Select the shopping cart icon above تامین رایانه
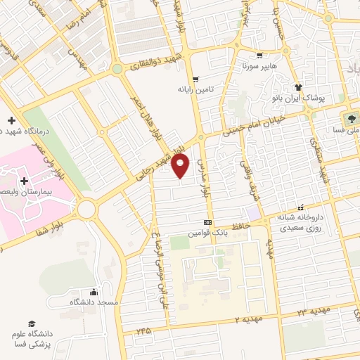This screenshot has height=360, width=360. tap(196, 79)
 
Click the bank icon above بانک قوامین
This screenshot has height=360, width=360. tap(207, 221)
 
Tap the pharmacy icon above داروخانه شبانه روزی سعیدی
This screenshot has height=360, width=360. tap(301, 207)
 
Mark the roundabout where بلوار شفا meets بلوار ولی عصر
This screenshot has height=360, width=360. tap(87, 208)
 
